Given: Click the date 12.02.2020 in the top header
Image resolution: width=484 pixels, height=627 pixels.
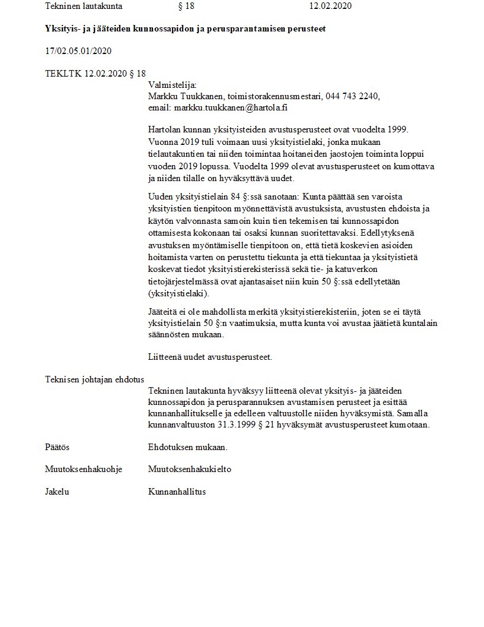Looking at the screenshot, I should tap(330, 7).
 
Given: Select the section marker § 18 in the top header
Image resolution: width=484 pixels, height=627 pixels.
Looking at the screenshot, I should tap(186, 7).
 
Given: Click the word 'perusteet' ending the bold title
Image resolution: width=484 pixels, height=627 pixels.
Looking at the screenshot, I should tap(307, 28).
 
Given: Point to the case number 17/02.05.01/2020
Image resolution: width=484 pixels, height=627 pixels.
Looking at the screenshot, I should tap(78, 51).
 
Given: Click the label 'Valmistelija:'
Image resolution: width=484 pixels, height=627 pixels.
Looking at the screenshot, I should tap(172, 85).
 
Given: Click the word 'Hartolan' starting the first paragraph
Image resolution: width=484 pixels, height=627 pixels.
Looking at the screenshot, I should tap(165, 129).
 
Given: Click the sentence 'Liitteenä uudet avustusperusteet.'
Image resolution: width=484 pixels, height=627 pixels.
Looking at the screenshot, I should tap(210, 357).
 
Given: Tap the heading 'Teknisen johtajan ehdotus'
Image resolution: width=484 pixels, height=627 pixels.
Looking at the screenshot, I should tap(95, 379).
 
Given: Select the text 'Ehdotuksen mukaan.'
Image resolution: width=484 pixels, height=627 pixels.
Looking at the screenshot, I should tap(187, 447).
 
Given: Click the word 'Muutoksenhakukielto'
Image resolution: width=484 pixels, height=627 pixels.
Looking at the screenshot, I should tap(190, 469).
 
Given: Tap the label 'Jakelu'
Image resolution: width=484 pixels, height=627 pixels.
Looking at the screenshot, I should tap(57, 492).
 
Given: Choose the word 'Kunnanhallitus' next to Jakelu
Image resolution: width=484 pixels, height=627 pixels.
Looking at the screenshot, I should tap(177, 492).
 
